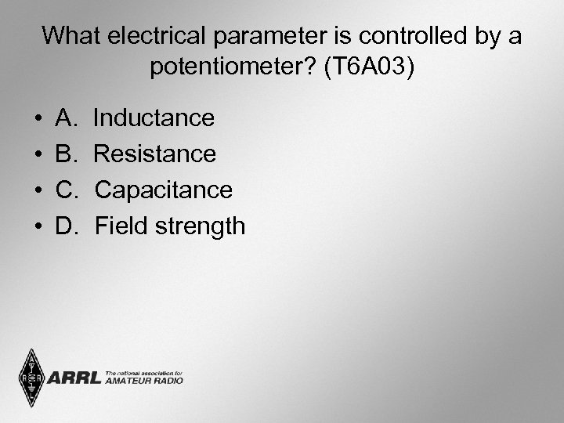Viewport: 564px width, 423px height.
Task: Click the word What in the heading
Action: pos(70,35)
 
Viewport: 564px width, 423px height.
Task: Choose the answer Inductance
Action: pos(154,118)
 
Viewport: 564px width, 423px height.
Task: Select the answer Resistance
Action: pos(154,154)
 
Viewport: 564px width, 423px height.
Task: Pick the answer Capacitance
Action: pos(163,190)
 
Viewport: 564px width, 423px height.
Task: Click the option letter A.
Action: pos(65,118)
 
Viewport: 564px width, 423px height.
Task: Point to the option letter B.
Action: pos(65,154)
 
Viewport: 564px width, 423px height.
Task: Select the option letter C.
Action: pos(65,190)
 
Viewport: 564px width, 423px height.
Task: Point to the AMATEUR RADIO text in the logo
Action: pos(143,381)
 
